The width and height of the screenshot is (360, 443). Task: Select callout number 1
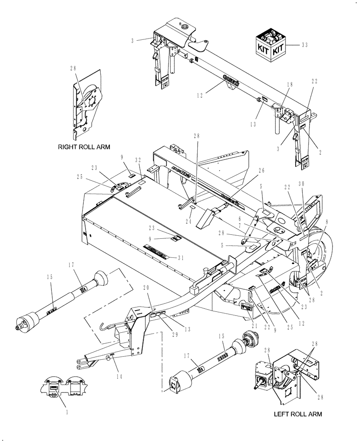pyautogui.click(x=67, y=412)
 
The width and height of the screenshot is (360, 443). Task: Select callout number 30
pyautogui.click(x=314, y=183)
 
